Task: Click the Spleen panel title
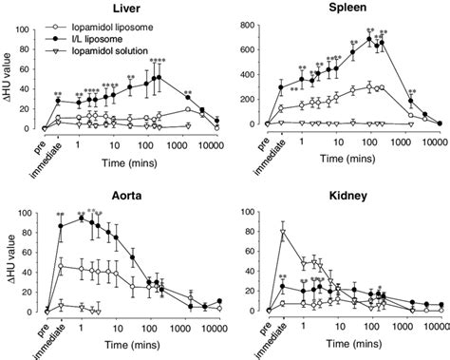pyautogui.click(x=347, y=8)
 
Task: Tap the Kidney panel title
pyautogui.click(x=347, y=193)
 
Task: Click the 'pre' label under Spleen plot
pyautogui.click(x=259, y=141)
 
